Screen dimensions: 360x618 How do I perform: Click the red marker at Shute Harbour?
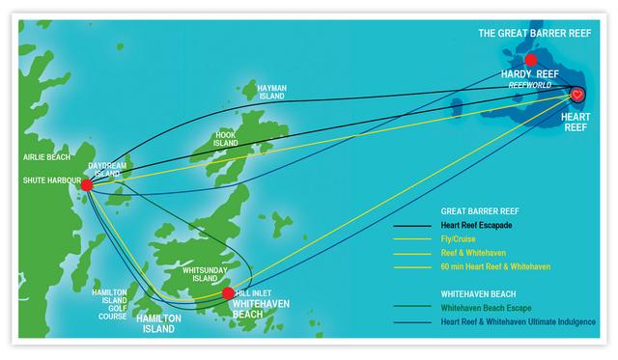(86, 185)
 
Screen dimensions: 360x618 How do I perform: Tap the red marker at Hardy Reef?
(530, 60)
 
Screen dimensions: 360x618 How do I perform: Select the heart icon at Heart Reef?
(576, 95)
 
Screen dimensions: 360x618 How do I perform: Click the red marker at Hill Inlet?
(228, 292)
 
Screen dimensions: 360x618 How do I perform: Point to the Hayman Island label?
(272, 93)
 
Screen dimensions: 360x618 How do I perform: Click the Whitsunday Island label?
(201, 274)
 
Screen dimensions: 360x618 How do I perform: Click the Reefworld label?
(530, 85)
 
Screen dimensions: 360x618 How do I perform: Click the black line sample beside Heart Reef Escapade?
(416, 226)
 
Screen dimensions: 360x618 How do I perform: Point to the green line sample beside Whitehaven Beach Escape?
(416, 308)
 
